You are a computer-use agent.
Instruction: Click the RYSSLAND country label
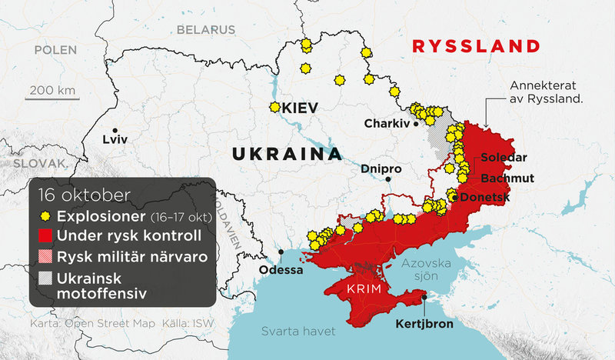(x=475, y=45)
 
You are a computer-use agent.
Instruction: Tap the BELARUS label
(x=205, y=30)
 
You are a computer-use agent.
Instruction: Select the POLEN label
(x=55, y=50)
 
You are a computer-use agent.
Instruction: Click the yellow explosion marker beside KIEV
(x=274, y=108)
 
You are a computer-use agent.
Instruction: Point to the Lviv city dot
(x=115, y=130)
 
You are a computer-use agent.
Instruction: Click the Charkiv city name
(x=387, y=123)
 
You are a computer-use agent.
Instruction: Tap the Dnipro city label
(x=381, y=169)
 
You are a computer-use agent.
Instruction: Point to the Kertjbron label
(x=424, y=324)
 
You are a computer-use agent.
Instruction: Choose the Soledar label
(x=504, y=158)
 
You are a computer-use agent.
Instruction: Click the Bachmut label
(x=507, y=178)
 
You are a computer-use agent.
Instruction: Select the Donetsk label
(x=485, y=198)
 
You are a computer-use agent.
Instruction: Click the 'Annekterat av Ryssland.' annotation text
(x=547, y=92)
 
